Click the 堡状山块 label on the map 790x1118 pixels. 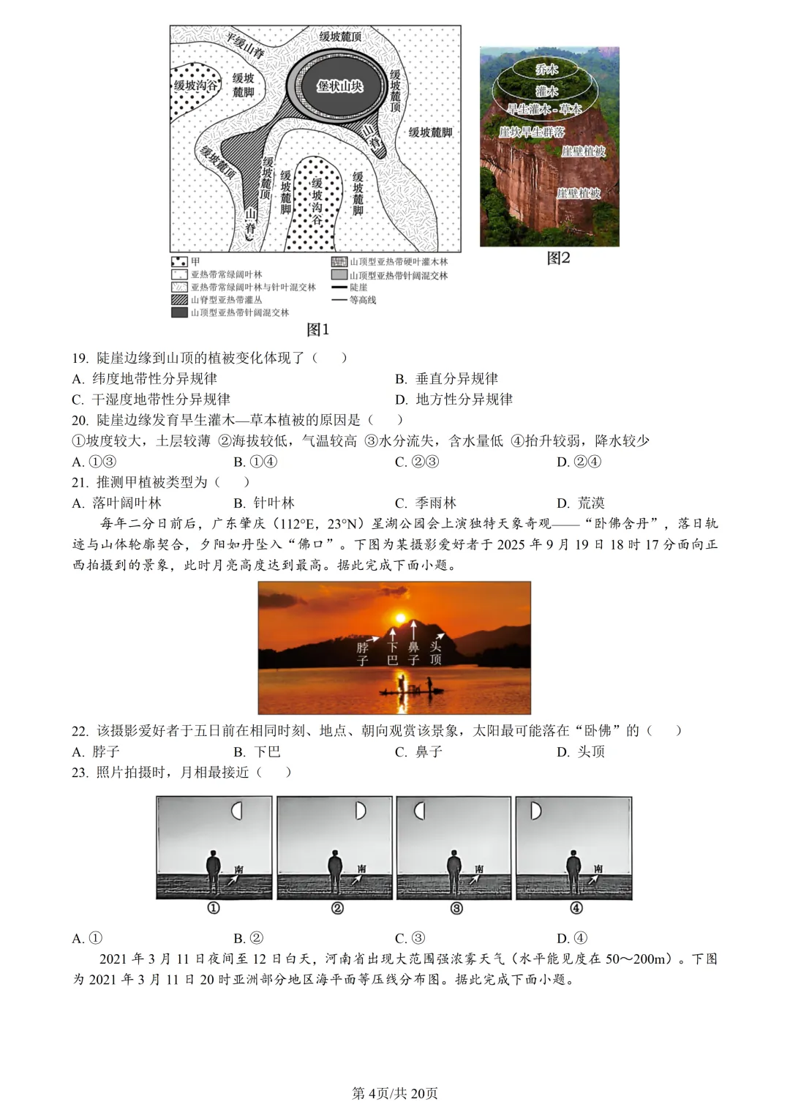click(339, 86)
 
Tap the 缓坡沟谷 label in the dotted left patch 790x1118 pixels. click(195, 86)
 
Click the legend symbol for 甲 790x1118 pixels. click(179, 262)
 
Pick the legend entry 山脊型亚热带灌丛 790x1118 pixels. click(226, 299)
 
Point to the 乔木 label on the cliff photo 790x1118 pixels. click(546, 70)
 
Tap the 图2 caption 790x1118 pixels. click(558, 258)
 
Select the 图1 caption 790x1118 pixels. click(317, 329)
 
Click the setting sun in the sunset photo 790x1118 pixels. click(399, 617)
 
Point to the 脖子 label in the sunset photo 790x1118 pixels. click(363, 653)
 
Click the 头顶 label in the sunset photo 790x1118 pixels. click(436, 653)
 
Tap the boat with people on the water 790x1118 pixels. click(414, 689)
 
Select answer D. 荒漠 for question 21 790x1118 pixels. click(582, 503)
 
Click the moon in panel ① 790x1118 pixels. click(236, 811)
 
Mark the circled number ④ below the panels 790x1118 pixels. click(576, 908)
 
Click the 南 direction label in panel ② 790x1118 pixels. click(361, 869)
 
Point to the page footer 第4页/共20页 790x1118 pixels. click(395, 1093)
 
